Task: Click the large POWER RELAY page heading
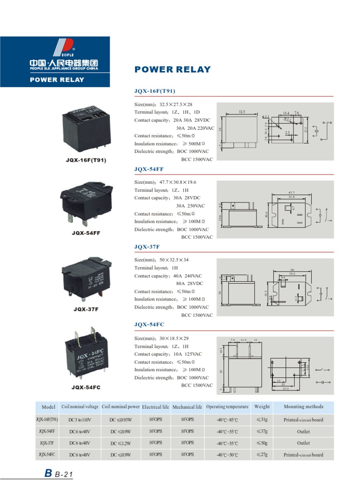click(x=172, y=70)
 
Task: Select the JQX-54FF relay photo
click(x=87, y=204)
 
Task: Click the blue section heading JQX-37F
click(x=147, y=247)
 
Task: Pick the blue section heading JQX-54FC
click(x=149, y=324)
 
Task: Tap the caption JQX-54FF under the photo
click(x=86, y=232)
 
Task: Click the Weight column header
click(x=262, y=407)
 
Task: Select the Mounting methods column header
click(x=303, y=407)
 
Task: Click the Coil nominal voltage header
click(x=79, y=407)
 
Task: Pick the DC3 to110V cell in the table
click(x=79, y=420)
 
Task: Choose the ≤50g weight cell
click(x=262, y=443)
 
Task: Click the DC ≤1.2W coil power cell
click(x=120, y=443)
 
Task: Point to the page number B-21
click(x=59, y=474)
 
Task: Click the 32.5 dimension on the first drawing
click(x=242, y=112)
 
